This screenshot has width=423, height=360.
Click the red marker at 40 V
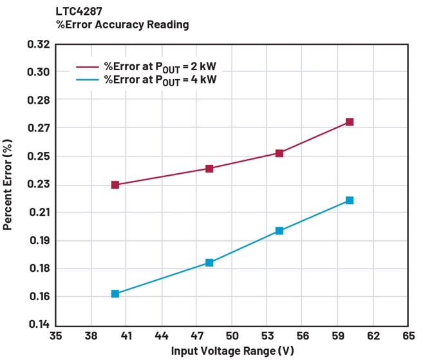115,185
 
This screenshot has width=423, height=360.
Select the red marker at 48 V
209,169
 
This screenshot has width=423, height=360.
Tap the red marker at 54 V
279,153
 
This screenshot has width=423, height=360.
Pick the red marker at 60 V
350,122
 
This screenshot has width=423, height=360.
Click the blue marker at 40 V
115,294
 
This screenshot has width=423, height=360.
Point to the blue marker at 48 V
209,263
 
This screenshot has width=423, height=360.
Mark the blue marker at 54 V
279,231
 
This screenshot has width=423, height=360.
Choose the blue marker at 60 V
350,200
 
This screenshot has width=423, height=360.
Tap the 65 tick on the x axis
408,336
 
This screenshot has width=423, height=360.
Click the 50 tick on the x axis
232,336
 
